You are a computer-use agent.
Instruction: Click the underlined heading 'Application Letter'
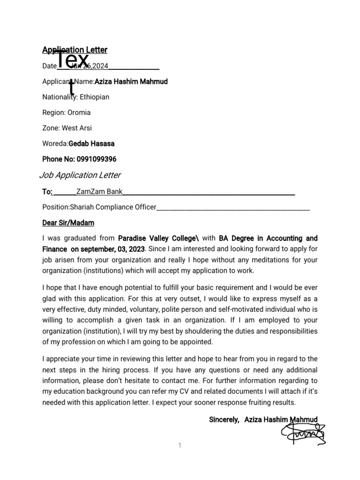75,50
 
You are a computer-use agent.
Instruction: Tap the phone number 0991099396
93,159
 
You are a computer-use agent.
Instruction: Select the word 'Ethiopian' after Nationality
94,97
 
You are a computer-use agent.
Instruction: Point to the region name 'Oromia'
79,112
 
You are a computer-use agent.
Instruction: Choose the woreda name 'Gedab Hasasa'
91,143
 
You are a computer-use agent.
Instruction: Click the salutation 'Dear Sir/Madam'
68,222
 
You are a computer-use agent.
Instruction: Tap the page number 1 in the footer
180,445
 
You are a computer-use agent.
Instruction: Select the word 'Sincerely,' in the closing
224,420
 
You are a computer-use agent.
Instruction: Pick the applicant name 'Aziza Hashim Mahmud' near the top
131,82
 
